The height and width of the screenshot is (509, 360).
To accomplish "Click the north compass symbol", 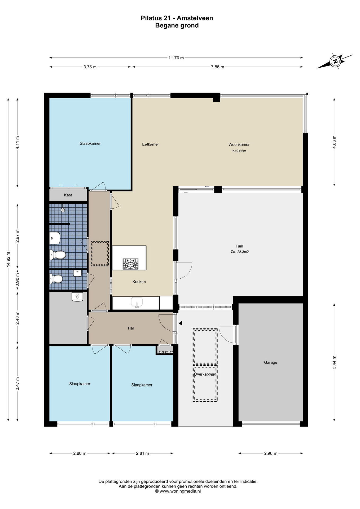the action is tap(335, 61).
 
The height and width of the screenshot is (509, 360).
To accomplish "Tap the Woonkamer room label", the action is tap(239, 145).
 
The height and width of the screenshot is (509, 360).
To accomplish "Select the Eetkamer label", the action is tap(150, 144).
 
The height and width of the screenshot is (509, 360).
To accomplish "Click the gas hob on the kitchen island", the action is tap(130, 264).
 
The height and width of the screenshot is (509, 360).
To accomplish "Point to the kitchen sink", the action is tap(137, 302).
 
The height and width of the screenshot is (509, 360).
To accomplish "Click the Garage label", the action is tap(270, 362).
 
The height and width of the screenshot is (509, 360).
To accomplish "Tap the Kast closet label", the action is tap(68, 195).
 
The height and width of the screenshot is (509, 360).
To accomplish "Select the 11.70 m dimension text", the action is tap(176, 58).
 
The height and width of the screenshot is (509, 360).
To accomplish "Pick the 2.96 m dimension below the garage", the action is tap(271, 453).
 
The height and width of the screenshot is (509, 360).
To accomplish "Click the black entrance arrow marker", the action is tap(181, 323).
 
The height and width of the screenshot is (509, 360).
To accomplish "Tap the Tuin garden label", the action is tap(239, 246).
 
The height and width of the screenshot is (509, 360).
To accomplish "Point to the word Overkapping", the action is tap(205, 374).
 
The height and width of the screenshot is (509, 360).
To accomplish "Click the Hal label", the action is tap(131, 328).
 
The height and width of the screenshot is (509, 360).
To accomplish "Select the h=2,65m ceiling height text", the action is tap(239, 151).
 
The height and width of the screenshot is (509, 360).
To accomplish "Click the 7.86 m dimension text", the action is tap(217, 67).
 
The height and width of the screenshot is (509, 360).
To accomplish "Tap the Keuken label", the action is tap(139, 282).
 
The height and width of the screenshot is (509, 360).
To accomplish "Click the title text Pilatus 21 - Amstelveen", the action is tap(177, 18).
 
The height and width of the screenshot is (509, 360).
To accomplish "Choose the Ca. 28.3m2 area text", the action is tap(240, 252).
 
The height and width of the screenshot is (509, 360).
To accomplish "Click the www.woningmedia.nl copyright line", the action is tap(178, 491).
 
